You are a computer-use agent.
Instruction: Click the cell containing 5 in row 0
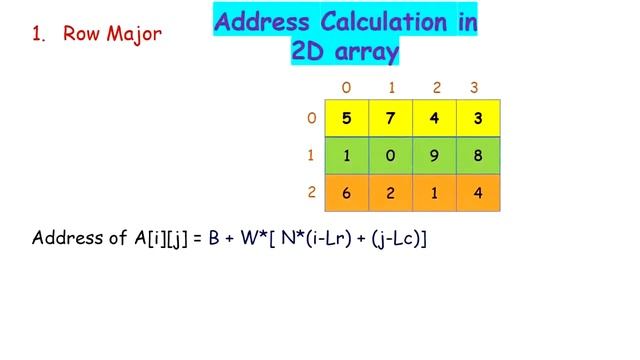click(x=347, y=118)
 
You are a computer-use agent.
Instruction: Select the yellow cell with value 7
click(x=391, y=118)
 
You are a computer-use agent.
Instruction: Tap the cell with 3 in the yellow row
click(x=479, y=118)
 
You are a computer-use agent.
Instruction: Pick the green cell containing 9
click(x=435, y=156)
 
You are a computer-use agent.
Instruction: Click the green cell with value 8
click(x=479, y=156)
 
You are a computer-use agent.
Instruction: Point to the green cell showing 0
click(x=391, y=156)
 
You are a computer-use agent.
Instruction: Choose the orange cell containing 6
click(x=347, y=193)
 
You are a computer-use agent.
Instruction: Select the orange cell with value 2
click(x=391, y=193)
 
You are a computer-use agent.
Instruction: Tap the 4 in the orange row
click(x=479, y=193)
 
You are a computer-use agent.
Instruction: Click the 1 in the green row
click(x=347, y=156)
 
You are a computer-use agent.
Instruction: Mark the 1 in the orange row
click(x=435, y=193)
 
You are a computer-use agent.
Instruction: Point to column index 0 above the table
click(x=347, y=87)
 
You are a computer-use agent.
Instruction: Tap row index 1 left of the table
click(x=311, y=156)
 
